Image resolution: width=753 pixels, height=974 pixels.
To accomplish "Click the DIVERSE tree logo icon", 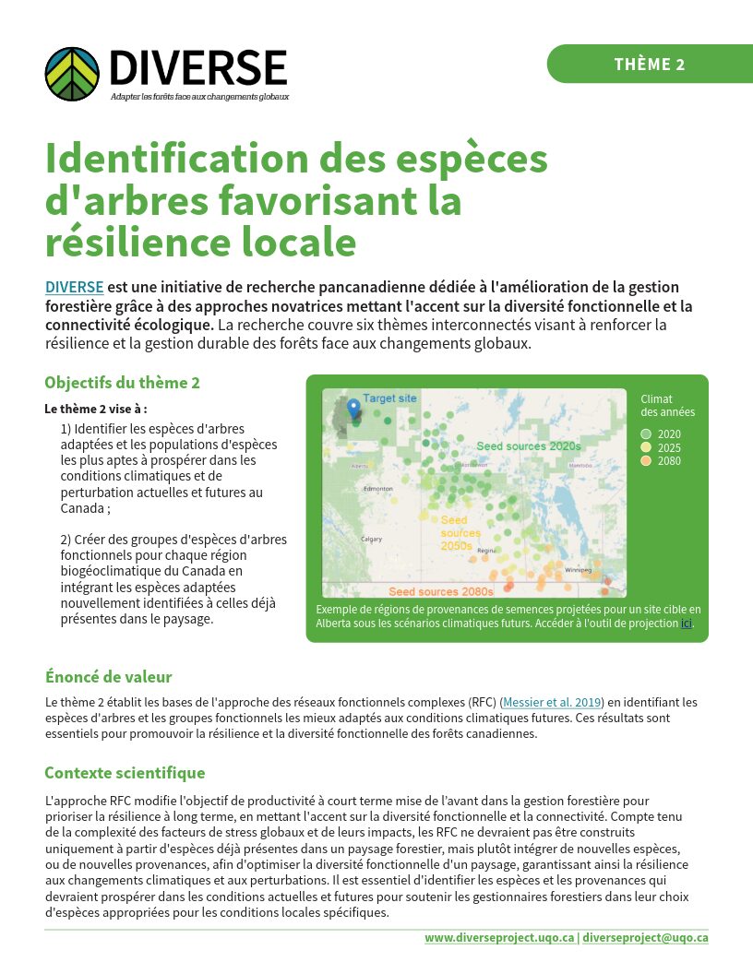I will pyautogui.click(x=71, y=74).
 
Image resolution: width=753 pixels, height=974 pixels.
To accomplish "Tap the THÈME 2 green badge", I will pyautogui.click(x=649, y=64).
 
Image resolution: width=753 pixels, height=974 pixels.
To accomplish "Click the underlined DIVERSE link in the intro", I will pyautogui.click(x=74, y=287).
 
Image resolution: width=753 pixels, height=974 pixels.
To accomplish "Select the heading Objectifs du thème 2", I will pyautogui.click(x=122, y=383).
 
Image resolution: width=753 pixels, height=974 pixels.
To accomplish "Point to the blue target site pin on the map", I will pyautogui.click(x=353, y=408).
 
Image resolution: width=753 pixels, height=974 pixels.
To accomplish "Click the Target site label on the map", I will pyautogui.click(x=389, y=398).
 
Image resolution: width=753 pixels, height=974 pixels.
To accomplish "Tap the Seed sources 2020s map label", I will pyautogui.click(x=528, y=445).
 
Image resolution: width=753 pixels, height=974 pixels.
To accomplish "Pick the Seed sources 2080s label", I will pyautogui.click(x=440, y=590).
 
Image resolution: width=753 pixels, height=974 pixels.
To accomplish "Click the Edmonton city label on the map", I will pyautogui.click(x=378, y=488).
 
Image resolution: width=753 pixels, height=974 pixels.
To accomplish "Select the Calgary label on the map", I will pyautogui.click(x=372, y=539).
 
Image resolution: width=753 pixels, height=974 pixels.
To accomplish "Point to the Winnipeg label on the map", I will pyautogui.click(x=578, y=570).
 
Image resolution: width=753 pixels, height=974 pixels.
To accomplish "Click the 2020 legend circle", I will pyautogui.click(x=646, y=434).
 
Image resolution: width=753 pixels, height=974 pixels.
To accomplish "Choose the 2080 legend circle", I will pyautogui.click(x=646, y=460).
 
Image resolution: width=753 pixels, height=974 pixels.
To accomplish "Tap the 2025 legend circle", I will pyautogui.click(x=646, y=447).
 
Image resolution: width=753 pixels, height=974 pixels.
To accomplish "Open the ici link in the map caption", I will pyautogui.click(x=686, y=624).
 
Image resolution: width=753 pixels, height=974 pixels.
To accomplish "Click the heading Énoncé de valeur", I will pyautogui.click(x=108, y=677).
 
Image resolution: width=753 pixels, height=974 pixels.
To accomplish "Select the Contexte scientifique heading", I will pyautogui.click(x=125, y=773).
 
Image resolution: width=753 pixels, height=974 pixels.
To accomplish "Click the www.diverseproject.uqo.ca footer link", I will pyautogui.click(x=499, y=938).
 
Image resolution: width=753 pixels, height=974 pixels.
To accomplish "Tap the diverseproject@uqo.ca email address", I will pyautogui.click(x=645, y=938).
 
